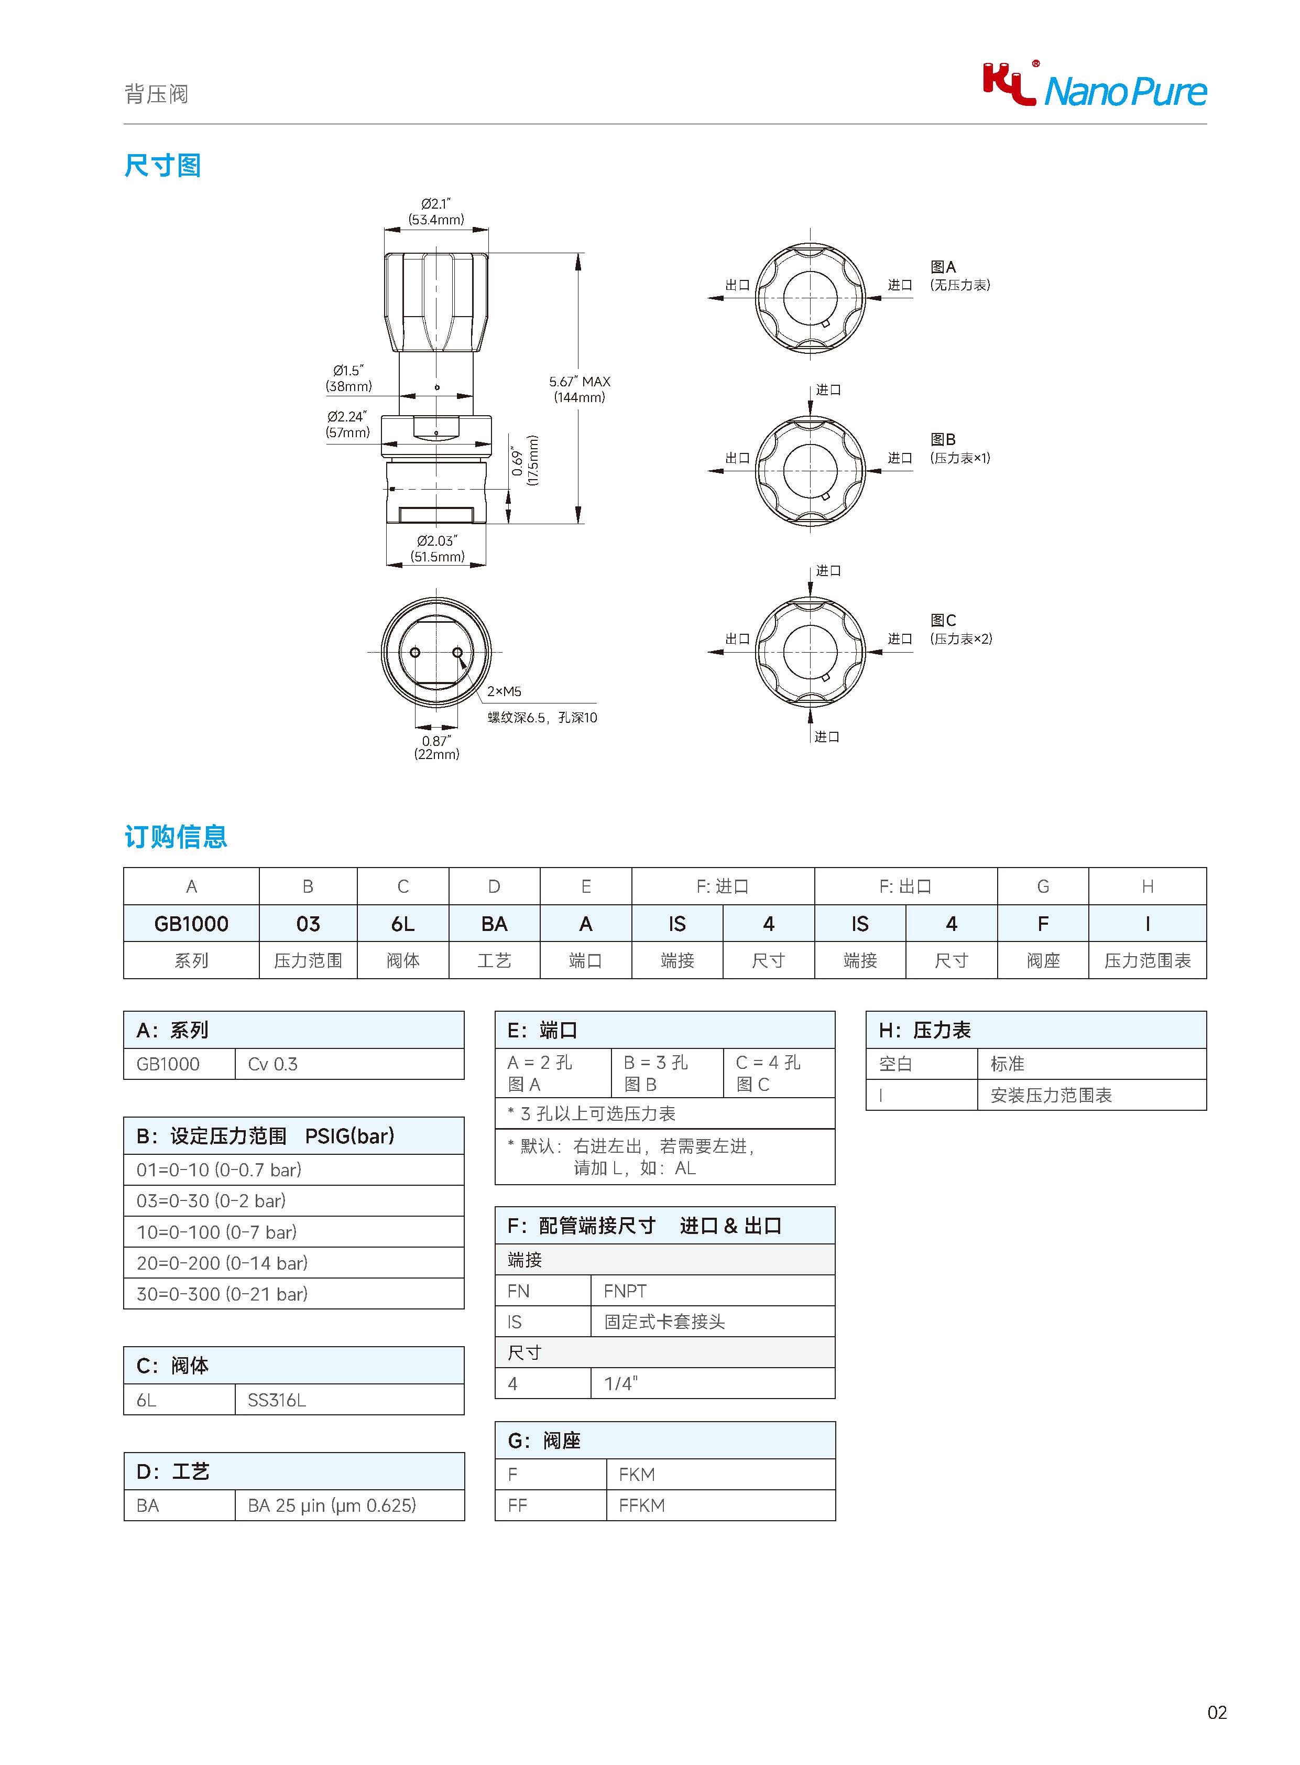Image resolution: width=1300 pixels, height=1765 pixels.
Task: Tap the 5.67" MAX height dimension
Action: [579, 389]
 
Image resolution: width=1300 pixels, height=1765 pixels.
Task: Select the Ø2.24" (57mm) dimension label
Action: [347, 424]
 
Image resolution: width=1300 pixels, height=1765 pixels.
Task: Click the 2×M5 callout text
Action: [504, 691]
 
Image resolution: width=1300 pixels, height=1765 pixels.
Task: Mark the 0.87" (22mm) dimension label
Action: [436, 747]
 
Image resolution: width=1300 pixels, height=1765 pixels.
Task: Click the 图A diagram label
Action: [943, 267]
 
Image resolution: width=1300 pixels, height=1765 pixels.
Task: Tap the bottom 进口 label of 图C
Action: [826, 736]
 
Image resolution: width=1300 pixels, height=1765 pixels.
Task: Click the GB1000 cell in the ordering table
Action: [191, 924]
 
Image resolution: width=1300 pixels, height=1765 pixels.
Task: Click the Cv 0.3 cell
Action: [272, 1064]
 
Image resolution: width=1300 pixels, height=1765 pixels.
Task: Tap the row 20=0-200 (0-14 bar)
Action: [222, 1263]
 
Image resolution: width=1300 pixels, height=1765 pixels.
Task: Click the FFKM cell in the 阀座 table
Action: [641, 1505]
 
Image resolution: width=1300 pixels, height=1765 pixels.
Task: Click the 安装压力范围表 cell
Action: [1051, 1095]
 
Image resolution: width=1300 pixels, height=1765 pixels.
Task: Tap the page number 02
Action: [1217, 1712]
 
